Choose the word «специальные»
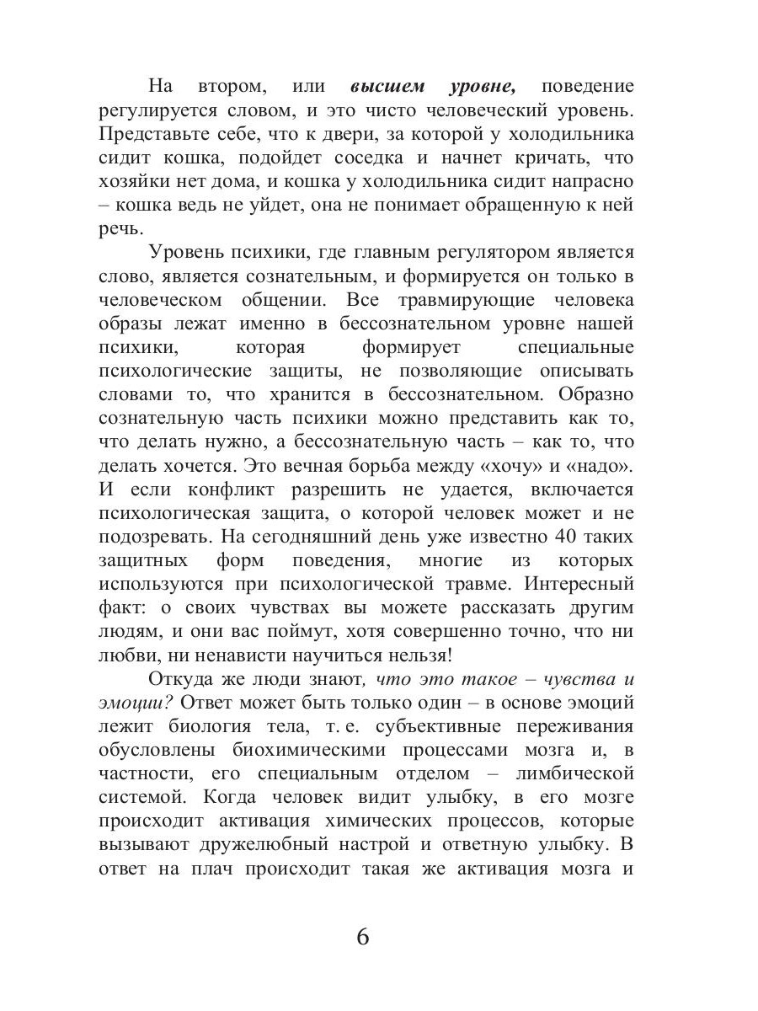pos(573,347)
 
